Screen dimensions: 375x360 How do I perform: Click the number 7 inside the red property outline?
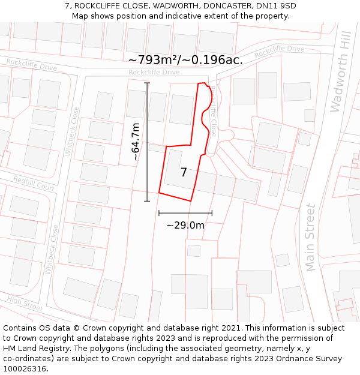184,173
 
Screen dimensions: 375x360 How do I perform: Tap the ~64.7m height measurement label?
136,141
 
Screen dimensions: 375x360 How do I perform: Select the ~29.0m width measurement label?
185,226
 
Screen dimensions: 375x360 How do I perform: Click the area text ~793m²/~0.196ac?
185,60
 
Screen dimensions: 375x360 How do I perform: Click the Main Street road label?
310,238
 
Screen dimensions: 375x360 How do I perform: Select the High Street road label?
25,304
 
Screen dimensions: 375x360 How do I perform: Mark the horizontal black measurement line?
185,212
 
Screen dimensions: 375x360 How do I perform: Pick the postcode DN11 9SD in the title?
276,6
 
